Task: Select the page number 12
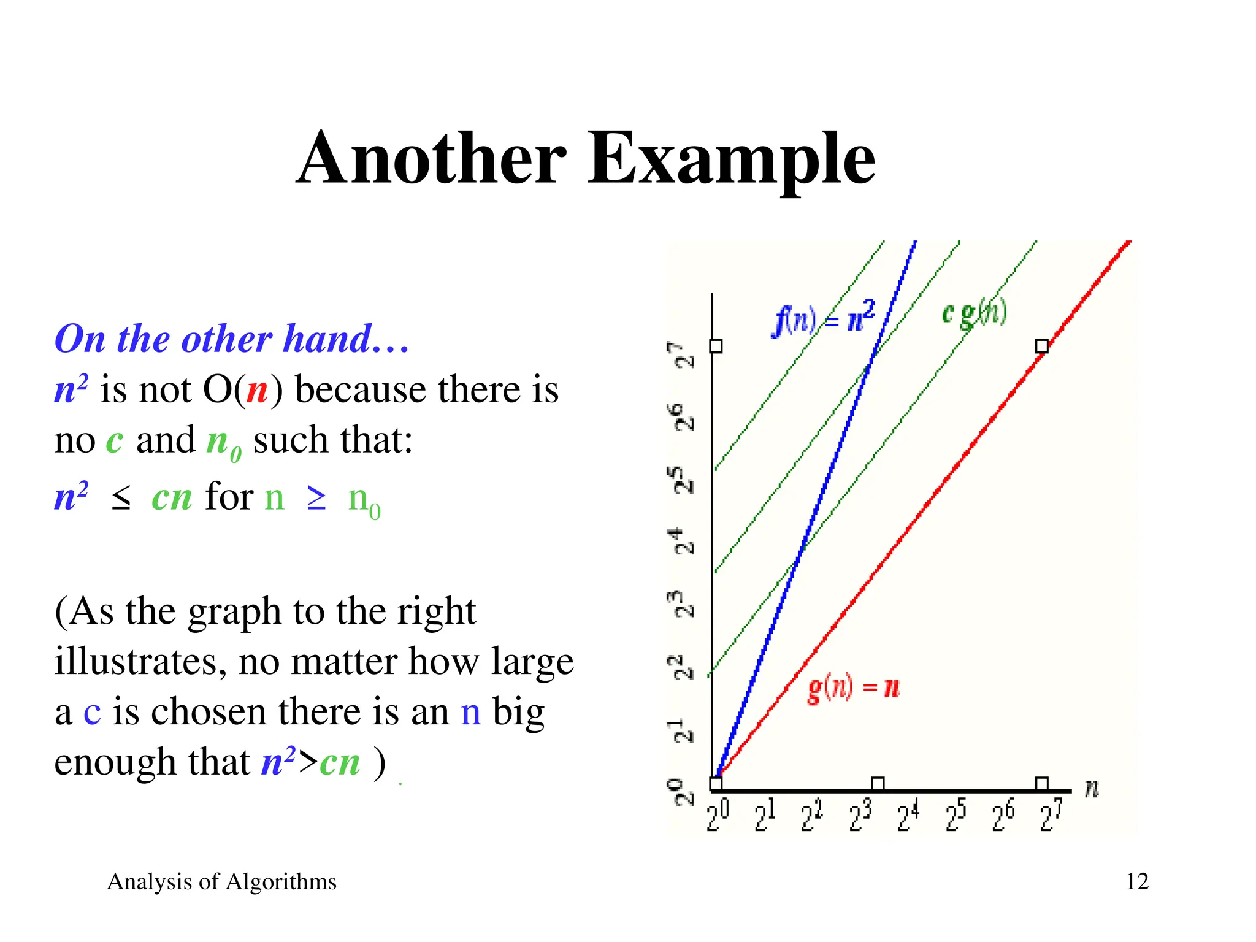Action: (1137, 881)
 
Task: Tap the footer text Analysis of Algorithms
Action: (221, 881)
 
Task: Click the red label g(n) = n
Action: (853, 688)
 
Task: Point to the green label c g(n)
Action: (974, 313)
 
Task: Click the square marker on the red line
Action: (1041, 347)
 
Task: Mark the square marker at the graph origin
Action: (716, 784)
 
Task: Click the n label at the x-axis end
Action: (1092, 789)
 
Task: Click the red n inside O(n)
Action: (257, 390)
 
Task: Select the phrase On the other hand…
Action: (232, 339)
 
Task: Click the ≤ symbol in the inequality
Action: (121, 498)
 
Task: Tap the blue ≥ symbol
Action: (316, 498)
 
